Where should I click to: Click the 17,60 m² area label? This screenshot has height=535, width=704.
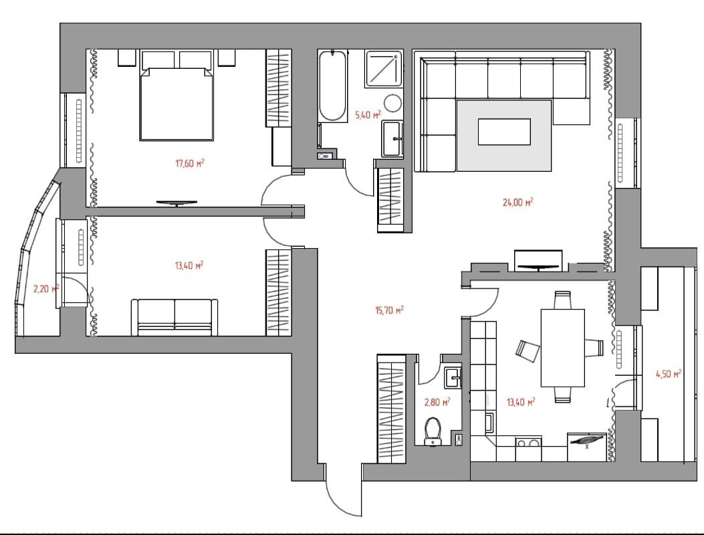click(189, 163)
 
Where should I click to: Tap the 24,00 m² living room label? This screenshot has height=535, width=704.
click(517, 202)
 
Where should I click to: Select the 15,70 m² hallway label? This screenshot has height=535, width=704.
click(389, 310)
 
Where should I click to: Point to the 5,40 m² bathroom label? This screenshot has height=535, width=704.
click(368, 115)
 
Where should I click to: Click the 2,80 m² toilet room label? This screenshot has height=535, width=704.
click(437, 402)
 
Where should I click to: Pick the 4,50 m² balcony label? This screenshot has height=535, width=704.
click(669, 374)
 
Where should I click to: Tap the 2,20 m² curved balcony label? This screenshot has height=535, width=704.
click(46, 288)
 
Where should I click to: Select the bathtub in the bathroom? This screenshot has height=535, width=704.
click(332, 86)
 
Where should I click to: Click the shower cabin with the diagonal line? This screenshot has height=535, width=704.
click(383, 69)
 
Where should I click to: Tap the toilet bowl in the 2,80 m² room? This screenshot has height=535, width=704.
click(433, 431)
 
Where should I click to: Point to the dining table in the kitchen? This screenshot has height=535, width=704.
click(562, 348)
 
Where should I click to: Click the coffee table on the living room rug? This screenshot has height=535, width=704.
click(504, 132)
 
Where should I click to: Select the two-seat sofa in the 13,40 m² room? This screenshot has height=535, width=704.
click(174, 317)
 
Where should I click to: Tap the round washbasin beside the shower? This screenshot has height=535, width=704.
click(393, 103)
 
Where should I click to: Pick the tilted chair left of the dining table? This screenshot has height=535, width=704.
click(527, 351)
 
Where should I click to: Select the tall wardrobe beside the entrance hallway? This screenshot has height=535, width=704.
click(392, 409)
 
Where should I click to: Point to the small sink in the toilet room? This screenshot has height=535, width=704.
click(453, 377)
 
